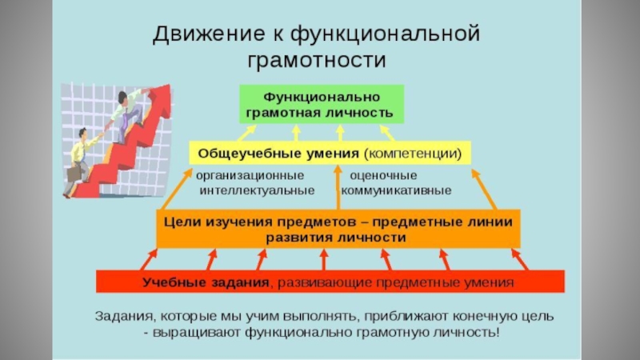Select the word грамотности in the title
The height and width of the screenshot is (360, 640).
tap(318, 60)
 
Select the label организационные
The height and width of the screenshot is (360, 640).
tap(244, 175)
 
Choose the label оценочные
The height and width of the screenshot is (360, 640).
tap(383, 175)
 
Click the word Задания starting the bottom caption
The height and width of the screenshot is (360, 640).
tap(122, 316)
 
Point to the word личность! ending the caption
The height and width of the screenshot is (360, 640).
tap(466, 333)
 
